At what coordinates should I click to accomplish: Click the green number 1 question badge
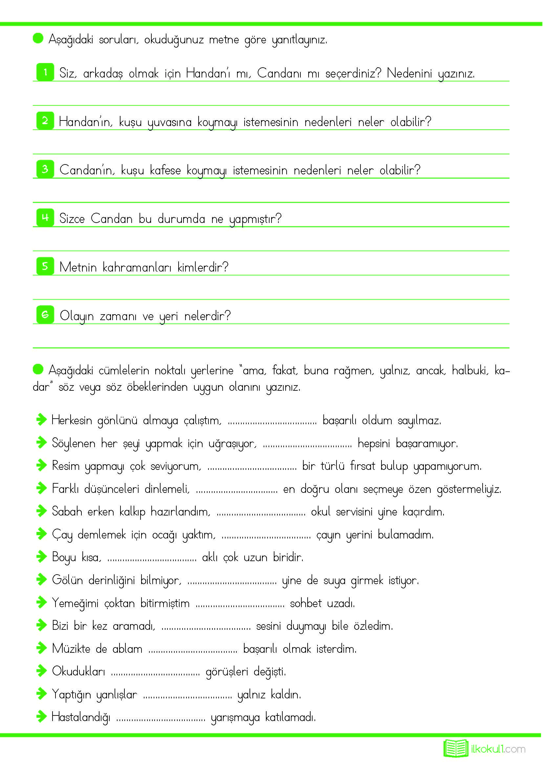(45, 72)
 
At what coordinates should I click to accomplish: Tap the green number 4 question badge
(45, 217)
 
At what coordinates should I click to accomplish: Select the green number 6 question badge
(45, 315)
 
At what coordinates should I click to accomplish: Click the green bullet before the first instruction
(38, 38)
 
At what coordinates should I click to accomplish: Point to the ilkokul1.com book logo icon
(456, 749)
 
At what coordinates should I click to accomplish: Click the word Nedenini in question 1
(409, 73)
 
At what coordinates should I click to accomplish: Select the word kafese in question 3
(165, 170)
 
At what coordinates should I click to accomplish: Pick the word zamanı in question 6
(118, 316)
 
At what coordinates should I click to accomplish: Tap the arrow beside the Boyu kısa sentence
(41, 557)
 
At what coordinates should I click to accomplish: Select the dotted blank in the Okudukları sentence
(156, 673)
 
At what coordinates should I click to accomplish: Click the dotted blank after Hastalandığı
(161, 718)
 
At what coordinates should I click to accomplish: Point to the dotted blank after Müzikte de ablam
(193, 650)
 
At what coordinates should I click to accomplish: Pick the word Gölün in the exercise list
(67, 580)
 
